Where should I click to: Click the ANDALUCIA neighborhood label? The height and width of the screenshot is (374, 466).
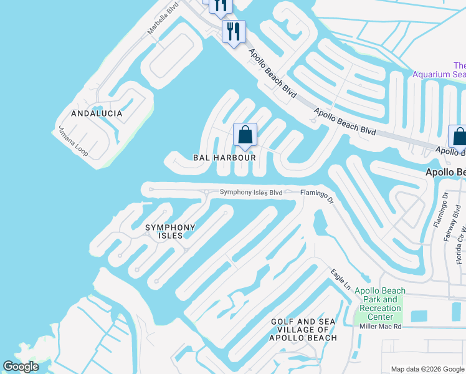coord(97,114)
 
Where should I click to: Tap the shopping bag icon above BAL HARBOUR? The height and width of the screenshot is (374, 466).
coord(245,135)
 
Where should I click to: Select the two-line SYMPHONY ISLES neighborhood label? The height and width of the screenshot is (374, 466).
coord(170,232)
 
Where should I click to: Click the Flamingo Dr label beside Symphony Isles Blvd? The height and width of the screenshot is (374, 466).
coord(318,196)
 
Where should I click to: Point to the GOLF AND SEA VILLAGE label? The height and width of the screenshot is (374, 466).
coord(303,330)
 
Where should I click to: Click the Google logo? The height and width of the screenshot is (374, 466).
coord(21,367)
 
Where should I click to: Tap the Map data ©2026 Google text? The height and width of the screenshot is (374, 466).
coord(427,369)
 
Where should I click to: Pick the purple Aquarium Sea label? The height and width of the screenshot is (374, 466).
coord(440,70)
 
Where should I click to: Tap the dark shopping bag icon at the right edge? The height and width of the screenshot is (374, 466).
coord(459,137)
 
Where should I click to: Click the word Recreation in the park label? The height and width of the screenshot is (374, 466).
coord(380,309)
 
